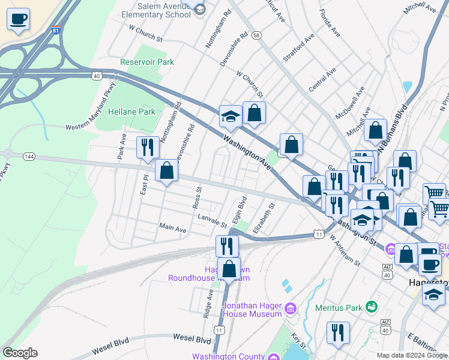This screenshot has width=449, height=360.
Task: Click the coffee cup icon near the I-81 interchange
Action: coord(19,19)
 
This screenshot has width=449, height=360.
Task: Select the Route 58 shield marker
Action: coord(256,35)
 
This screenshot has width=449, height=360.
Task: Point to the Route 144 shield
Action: coord(28,156)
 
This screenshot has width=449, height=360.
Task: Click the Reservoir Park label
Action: coord(147,62)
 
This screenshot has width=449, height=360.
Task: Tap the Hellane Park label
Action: coord(131,112)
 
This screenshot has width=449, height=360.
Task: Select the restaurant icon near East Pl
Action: coord(148,147)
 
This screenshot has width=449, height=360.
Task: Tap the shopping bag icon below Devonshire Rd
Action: coord(167,171)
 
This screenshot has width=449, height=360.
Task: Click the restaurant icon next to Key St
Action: coord(338,333)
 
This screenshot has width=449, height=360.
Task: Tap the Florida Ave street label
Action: coord(330,22)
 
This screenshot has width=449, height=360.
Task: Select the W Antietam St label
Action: coord(345,250)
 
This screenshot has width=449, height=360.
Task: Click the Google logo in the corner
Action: coord(20,353)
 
